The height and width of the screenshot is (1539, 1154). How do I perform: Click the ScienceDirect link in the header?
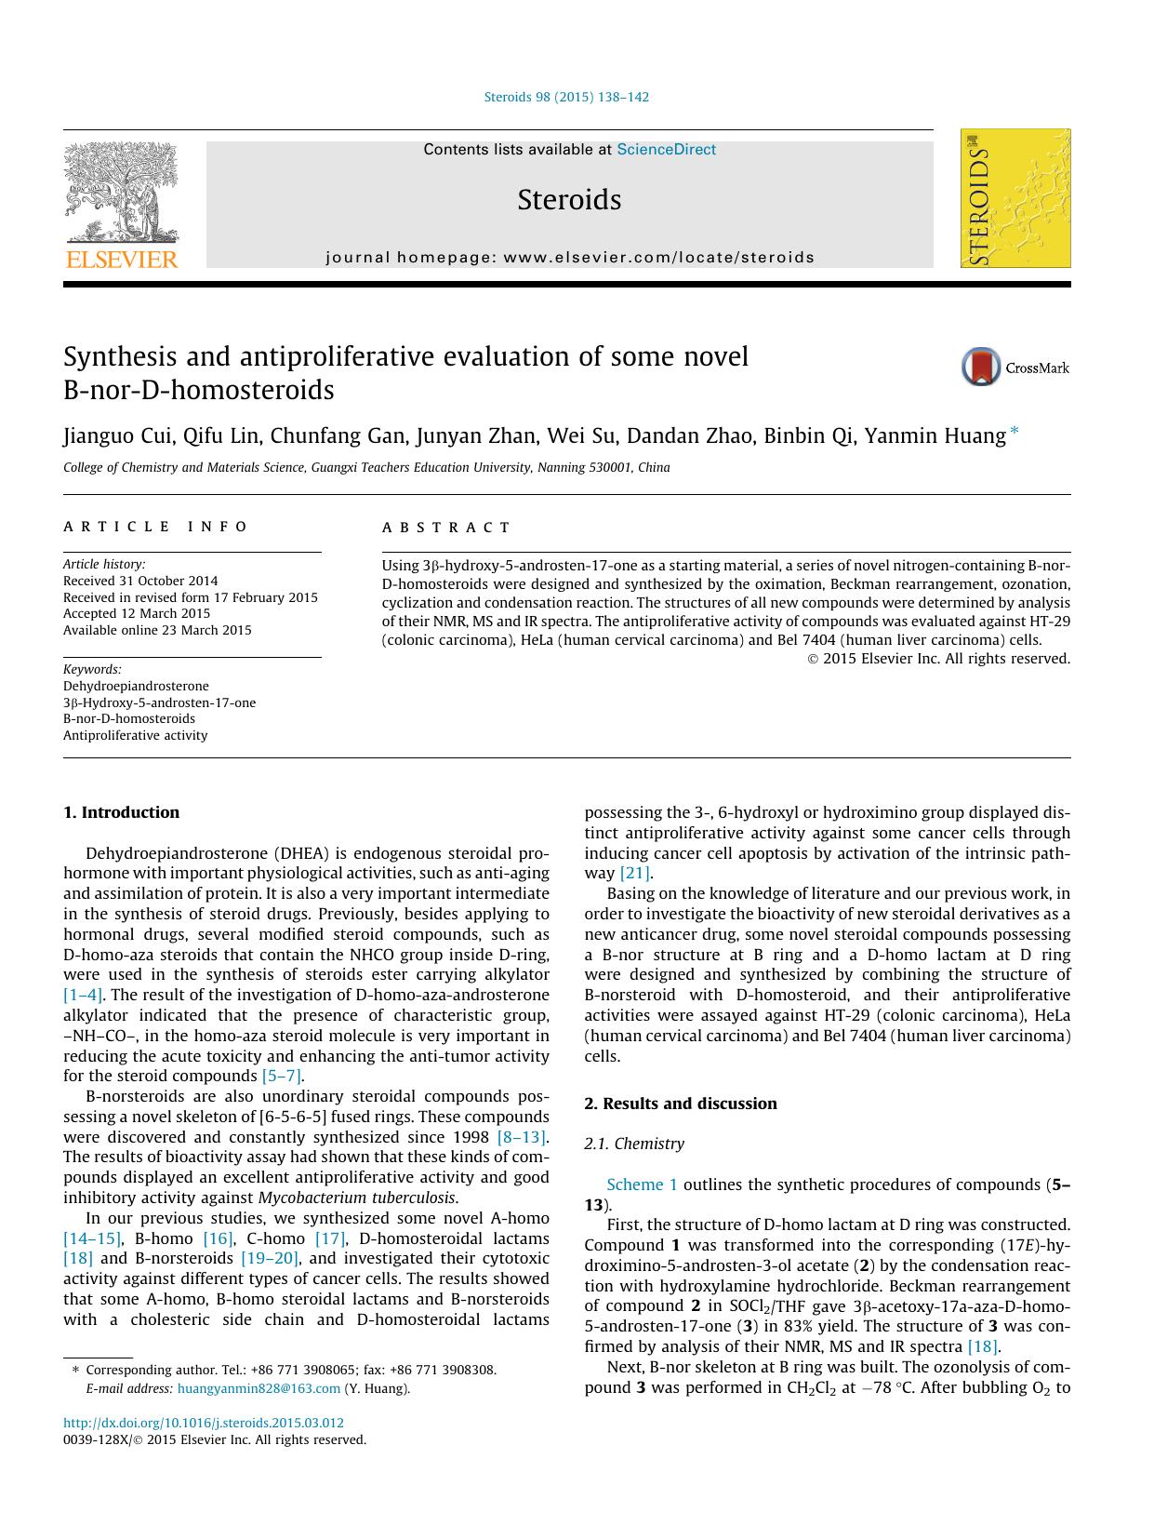[x=666, y=150]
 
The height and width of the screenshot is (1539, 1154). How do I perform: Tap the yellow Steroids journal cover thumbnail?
[x=1015, y=198]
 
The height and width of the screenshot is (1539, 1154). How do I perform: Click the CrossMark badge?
[x=1015, y=368]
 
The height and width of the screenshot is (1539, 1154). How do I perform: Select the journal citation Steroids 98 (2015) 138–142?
[x=566, y=97]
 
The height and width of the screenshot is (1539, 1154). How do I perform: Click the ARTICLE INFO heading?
[x=155, y=527]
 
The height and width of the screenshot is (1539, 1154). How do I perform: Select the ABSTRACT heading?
[x=446, y=528]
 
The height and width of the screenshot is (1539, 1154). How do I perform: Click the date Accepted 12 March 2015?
[x=137, y=613]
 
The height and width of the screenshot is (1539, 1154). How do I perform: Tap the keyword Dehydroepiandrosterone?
[x=136, y=686]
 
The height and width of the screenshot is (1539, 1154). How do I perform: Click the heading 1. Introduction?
[x=121, y=812]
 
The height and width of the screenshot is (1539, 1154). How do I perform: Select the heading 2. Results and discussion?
[x=680, y=1104]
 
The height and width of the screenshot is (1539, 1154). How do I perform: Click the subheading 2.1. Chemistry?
[x=633, y=1144]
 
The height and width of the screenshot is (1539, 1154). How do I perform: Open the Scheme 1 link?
[x=642, y=1184]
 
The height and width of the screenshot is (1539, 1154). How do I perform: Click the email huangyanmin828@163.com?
[x=259, y=1388]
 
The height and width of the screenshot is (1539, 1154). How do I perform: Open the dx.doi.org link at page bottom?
[x=204, y=1423]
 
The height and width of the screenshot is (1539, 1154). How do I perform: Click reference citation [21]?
[x=635, y=873]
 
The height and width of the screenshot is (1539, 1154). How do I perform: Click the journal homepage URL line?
[x=569, y=258]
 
